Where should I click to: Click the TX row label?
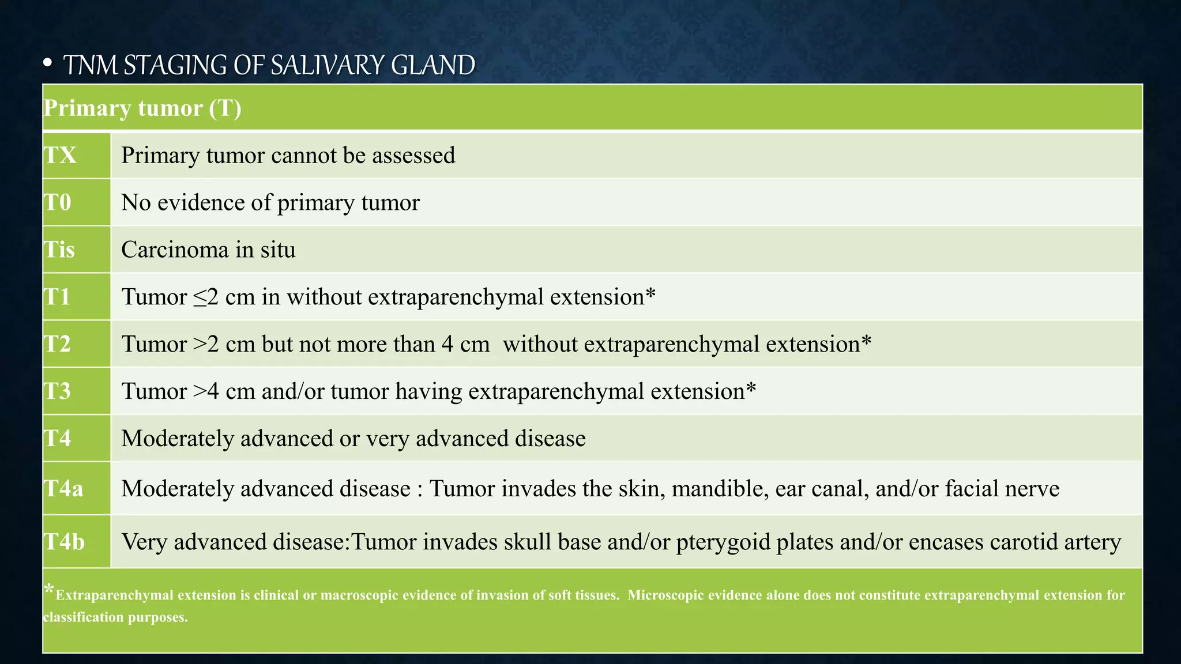pyautogui.click(x=61, y=156)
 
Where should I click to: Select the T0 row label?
pyautogui.click(x=58, y=203)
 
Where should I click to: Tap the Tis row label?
pyautogui.click(x=59, y=250)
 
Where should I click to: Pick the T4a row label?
pyautogui.click(x=64, y=489)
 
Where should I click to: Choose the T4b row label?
pyautogui.click(x=65, y=542)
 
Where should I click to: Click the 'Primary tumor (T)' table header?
pyautogui.click(x=142, y=108)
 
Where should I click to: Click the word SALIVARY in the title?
pyautogui.click(x=328, y=65)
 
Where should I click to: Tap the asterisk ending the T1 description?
pyautogui.click(x=650, y=294)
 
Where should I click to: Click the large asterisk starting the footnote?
pyautogui.click(x=49, y=589)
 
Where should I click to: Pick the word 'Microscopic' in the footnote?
pyautogui.click(x=663, y=595)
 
